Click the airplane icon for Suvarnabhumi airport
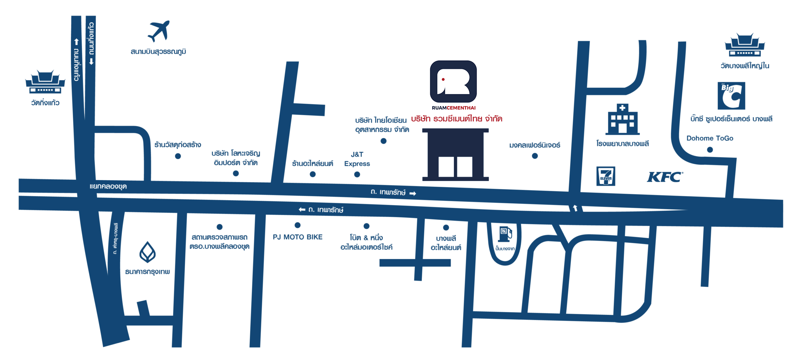pyautogui.click(x=159, y=31)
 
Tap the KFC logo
pyautogui.click(x=665, y=177)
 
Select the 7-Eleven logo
pyautogui.click(x=606, y=176)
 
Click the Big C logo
pyautogui.click(x=731, y=96)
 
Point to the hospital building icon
pyautogui.click(x=622, y=119)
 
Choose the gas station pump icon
pyautogui.click(x=505, y=234)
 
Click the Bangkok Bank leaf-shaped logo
pyautogui.click(x=148, y=252)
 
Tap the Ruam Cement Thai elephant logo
pyautogui.click(x=453, y=81)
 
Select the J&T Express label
pyautogui.click(x=357, y=159)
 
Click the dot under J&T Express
pyautogui.click(x=357, y=175)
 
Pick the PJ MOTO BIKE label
pyautogui.click(x=298, y=237)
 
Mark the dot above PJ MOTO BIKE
pyautogui.click(x=298, y=225)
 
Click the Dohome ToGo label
pyautogui.click(x=710, y=138)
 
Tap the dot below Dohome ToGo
pyautogui.click(x=710, y=150)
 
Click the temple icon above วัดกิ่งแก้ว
pyautogui.click(x=45, y=82)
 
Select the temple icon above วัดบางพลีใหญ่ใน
pyautogui.click(x=745, y=45)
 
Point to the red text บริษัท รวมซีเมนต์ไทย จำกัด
pyautogui.click(x=457, y=119)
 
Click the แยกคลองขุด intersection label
pyautogui.click(x=108, y=186)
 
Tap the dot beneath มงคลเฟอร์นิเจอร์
pyautogui.click(x=535, y=156)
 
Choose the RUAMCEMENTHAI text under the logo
pyautogui.click(x=454, y=108)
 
